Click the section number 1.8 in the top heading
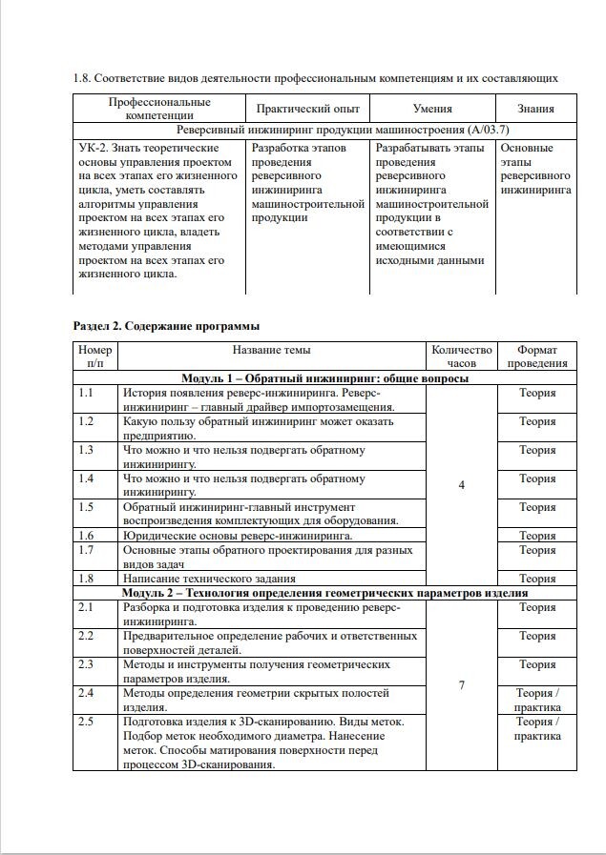coord(81,77)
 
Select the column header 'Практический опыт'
coord(306,109)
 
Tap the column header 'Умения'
coord(432,109)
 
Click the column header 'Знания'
coord(536,109)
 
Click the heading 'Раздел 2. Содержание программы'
coord(166,326)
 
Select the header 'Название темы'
coord(271,350)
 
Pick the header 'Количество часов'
coord(461,356)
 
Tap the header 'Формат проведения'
coord(536,356)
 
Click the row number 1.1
coord(86,393)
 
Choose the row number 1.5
coord(86,507)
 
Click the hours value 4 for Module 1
coord(462,485)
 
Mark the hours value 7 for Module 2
coord(462,685)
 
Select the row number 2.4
coord(86,693)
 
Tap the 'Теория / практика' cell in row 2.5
coord(537,729)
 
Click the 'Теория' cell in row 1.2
coord(537,421)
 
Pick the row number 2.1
coord(86,607)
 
